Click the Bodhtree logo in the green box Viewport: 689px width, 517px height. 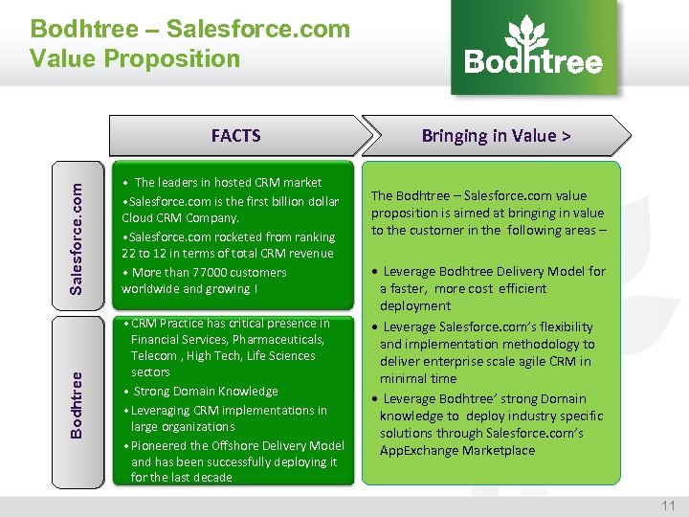pos(534,48)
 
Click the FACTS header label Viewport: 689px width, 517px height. pos(235,135)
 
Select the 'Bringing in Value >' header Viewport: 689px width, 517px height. pos(496,135)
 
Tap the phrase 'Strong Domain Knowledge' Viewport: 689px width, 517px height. pos(206,391)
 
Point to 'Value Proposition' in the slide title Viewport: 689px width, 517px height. pos(135,58)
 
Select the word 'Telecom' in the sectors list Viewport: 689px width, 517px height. pos(154,355)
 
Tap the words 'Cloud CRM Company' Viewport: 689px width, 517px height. pos(179,217)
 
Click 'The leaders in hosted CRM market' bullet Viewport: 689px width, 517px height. pos(228,182)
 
